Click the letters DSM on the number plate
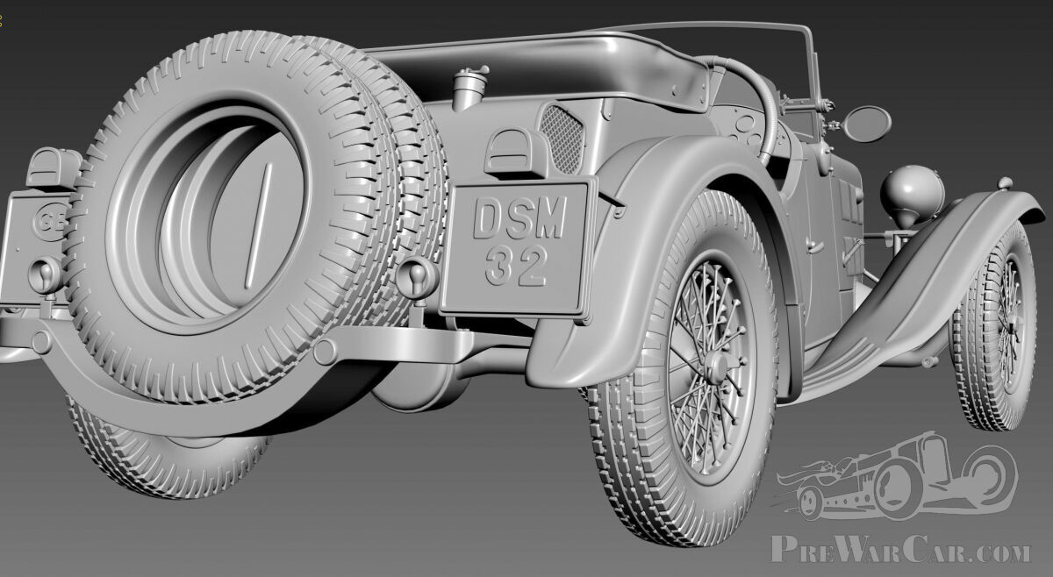519,217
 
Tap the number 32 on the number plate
516,267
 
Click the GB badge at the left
49,222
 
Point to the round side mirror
867,124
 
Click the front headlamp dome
912,192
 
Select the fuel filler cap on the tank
469,88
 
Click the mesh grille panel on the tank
562,139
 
